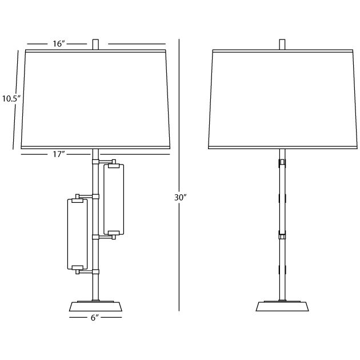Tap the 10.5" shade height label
(11, 98)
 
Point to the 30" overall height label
(181, 197)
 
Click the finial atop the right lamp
(282, 44)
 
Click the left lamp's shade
(95, 100)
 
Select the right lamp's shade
(281, 100)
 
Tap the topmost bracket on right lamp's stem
(282, 164)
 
